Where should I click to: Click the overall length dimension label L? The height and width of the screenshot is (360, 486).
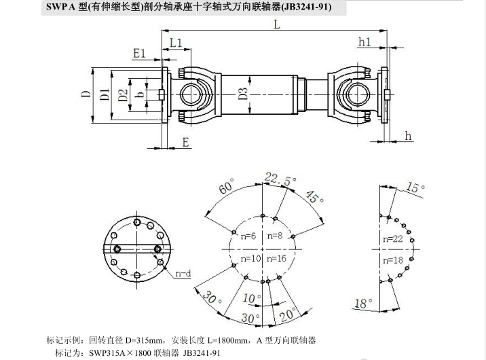[x=277, y=24]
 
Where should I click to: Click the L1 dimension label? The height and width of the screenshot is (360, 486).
[x=176, y=43]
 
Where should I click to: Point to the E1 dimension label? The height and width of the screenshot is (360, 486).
[x=141, y=52]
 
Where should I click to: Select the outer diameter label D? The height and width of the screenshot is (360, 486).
[x=86, y=94]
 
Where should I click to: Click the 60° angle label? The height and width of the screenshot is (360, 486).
[x=226, y=187]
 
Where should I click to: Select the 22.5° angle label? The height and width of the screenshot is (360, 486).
[x=273, y=178]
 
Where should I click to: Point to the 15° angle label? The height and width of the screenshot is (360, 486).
[x=413, y=188]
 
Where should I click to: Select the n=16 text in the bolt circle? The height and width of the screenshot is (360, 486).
[x=277, y=259]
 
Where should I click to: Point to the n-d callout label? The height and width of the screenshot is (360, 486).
[x=183, y=274]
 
